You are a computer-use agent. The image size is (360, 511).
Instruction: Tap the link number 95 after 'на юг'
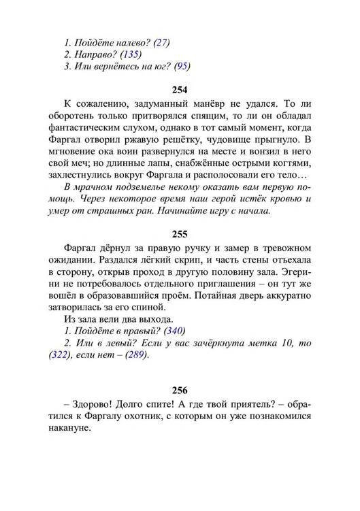coord(182,67)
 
